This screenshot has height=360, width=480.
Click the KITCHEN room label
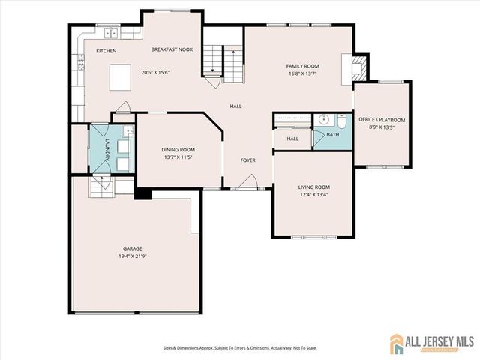(106, 51)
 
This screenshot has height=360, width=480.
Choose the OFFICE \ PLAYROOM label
(381, 120)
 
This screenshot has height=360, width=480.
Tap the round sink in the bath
(325, 119)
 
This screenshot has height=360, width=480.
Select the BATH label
(331, 135)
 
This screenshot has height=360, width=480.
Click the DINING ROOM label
(178, 149)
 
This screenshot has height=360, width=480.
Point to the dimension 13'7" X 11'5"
(178, 158)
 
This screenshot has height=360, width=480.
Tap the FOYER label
(248, 160)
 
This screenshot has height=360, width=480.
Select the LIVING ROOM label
(314, 187)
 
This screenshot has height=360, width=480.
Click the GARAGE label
(133, 248)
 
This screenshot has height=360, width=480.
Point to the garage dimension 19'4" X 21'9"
(133, 256)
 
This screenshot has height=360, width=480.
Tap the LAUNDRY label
(108, 149)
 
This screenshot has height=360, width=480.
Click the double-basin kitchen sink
(112, 33)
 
